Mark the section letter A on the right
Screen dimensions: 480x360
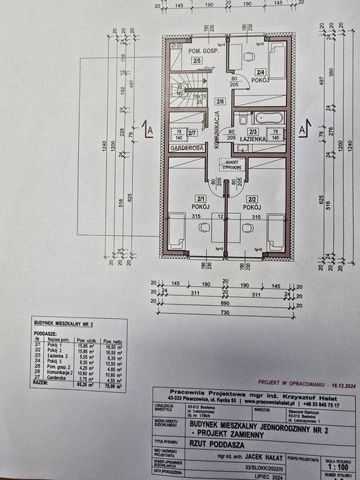click(x=302, y=128)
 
